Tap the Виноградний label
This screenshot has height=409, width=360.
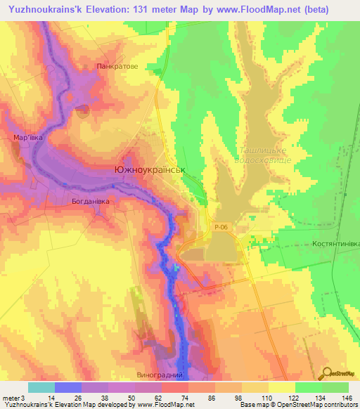point(165,376)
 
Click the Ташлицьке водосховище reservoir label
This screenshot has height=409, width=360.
point(263,155)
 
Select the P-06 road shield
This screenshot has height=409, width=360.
point(221,227)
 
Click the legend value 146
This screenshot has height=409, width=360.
point(345,397)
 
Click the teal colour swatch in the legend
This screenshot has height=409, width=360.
point(41,387)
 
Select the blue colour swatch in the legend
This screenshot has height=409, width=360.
point(68,387)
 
